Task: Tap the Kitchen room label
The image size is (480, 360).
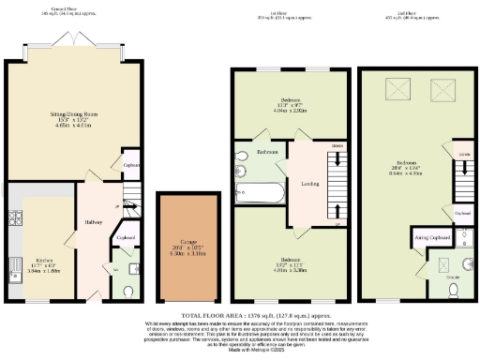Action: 44,261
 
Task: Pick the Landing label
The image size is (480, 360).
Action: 309,183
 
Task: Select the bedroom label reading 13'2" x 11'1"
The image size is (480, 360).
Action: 290,262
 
